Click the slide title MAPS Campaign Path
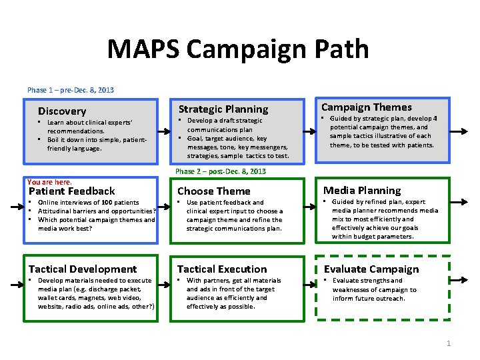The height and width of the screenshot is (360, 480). pos(237,50)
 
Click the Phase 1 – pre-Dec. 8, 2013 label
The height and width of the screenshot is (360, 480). pos(70,90)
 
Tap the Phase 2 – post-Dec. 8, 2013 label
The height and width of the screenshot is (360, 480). pos(220,171)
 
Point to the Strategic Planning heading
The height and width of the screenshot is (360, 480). pos(223,109)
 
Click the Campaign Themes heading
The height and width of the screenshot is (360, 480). pos(366,107)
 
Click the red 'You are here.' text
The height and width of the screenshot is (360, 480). pos(49,182)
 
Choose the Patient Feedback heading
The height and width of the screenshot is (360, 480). pos(71,191)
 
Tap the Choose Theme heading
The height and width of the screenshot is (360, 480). pos(213,191)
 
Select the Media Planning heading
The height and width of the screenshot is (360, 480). pos(362,191)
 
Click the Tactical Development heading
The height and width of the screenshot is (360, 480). pos(82,269)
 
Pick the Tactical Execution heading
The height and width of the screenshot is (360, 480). pos(221,269)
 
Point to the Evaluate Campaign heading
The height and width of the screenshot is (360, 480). pos(371,269)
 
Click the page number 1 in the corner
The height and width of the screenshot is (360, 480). pos(449,343)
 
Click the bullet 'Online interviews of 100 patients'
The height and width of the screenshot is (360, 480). pos(88,202)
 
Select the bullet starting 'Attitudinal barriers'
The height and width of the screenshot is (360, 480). pos(97,211)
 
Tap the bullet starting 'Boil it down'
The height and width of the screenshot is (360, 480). pos(97,144)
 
